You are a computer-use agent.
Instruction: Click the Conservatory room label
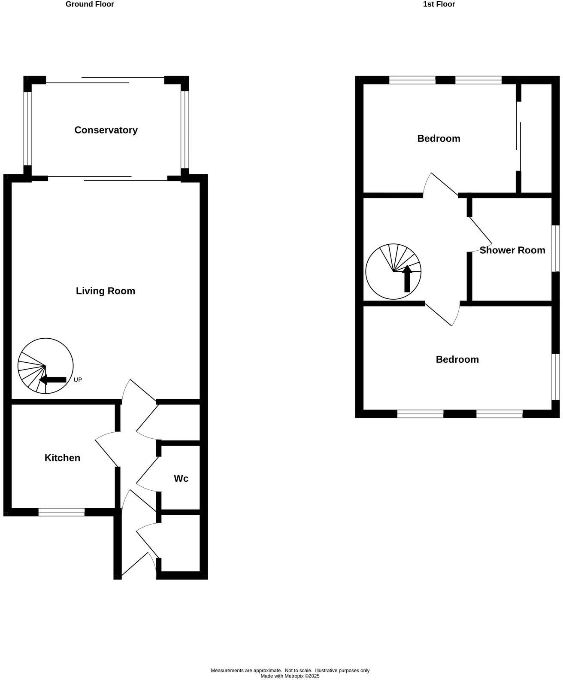106,130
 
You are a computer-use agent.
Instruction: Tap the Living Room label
106,291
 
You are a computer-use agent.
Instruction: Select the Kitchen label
62,458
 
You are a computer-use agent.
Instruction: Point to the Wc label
181,478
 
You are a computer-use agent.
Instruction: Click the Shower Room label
512,250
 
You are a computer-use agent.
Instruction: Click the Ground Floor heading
90,4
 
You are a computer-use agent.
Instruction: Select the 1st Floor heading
439,4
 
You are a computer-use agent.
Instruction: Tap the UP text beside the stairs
78,380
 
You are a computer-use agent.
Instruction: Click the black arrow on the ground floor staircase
52,379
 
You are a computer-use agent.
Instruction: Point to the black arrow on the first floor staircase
407,279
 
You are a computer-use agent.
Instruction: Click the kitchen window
61,512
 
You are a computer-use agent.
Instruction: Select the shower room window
556,249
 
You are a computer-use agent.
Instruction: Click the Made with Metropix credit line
290,676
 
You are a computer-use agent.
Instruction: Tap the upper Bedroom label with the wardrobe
439,139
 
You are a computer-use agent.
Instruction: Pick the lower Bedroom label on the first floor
457,359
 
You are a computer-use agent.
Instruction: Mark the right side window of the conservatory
185,129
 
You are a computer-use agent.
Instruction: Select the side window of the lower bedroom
556,376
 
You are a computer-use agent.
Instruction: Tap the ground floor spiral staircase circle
45,366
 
